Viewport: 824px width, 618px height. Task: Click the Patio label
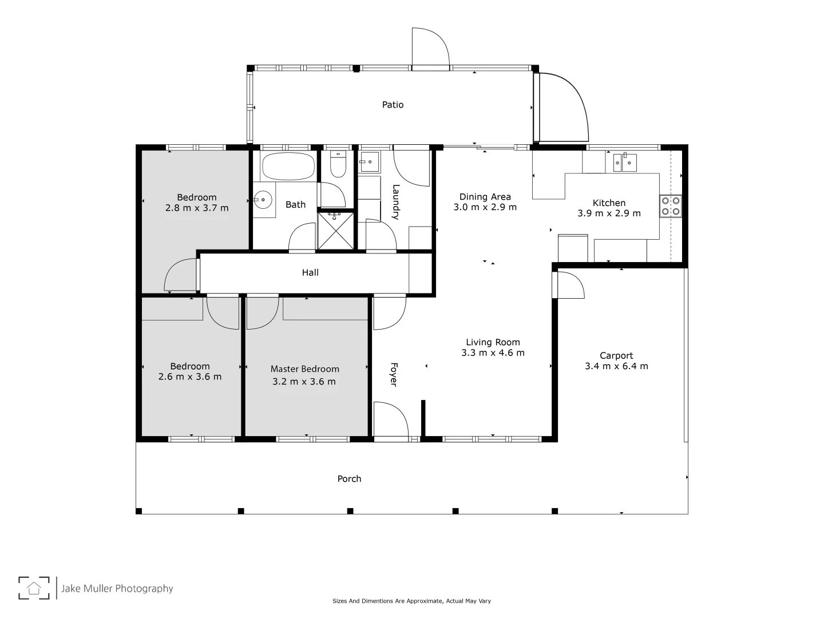click(x=393, y=105)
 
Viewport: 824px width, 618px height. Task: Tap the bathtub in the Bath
click(x=288, y=166)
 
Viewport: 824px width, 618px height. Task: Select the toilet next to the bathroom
click(x=338, y=165)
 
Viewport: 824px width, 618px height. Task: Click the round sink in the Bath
click(x=263, y=200)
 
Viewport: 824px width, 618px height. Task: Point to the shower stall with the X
click(x=335, y=231)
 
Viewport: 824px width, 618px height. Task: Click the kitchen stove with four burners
click(x=671, y=206)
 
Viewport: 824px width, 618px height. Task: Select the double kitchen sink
click(x=621, y=163)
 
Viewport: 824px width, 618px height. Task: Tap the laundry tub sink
click(x=369, y=162)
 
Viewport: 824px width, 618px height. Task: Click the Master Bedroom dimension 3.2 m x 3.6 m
click(x=304, y=382)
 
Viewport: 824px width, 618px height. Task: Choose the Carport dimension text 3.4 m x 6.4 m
click(x=616, y=366)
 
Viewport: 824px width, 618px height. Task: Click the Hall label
click(x=310, y=273)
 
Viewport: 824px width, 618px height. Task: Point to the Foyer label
click(x=394, y=374)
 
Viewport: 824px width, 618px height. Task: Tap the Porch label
click(x=349, y=479)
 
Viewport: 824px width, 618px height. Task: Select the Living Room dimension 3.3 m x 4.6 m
click(x=493, y=353)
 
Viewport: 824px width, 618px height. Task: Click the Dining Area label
click(x=485, y=197)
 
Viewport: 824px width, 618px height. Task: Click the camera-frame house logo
click(x=34, y=588)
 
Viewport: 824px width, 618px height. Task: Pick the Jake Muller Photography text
click(x=117, y=588)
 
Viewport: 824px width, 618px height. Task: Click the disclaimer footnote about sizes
click(x=411, y=601)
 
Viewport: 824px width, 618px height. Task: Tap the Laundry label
click(x=395, y=202)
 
